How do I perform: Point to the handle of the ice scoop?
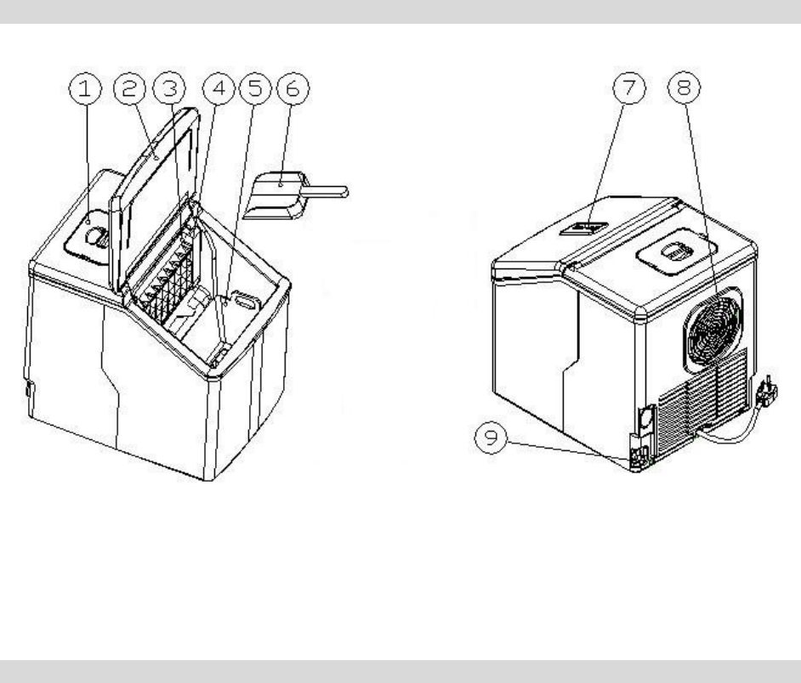click(x=327, y=191)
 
